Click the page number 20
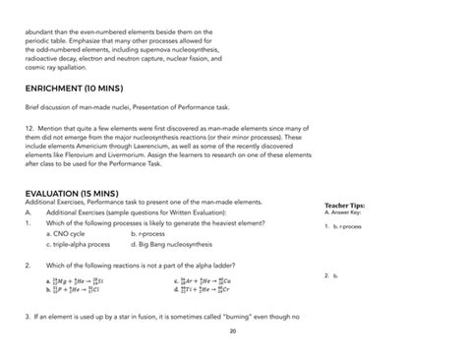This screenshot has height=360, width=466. tap(232, 331)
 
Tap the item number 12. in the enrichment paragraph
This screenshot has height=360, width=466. tap(29, 142)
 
